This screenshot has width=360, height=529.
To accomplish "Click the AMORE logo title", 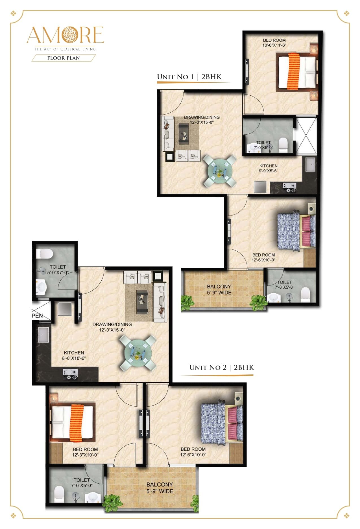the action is coord(65,35).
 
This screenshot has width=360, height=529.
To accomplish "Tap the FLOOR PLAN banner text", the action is coord(64,58).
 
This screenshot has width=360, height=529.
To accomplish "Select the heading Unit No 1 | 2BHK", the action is coord(189,77).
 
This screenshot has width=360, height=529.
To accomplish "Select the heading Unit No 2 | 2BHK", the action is coord(222,367).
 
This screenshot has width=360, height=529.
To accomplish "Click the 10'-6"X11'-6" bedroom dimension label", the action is coord(274,45).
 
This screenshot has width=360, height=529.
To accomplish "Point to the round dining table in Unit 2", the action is coord(138,353).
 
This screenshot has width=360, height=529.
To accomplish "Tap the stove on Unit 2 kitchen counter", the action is coord(70,374).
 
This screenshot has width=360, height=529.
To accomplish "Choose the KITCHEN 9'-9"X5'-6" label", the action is coord(269,168).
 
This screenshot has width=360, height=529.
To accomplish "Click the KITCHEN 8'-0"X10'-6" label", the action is coord(74,355).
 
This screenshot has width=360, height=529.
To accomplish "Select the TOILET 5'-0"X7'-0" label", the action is coord(58,270).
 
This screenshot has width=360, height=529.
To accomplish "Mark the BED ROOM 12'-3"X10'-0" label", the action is coord(85,452).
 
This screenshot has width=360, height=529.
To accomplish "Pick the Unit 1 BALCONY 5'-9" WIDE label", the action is coord(219,289).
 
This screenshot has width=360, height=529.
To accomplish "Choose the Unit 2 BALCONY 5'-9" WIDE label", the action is coord(160,488).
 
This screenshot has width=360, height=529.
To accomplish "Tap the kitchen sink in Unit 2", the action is coord(43,335).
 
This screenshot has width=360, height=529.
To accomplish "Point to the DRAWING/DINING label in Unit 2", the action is coord(112,327).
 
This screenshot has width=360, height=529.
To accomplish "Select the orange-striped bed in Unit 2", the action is coord(72,422).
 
